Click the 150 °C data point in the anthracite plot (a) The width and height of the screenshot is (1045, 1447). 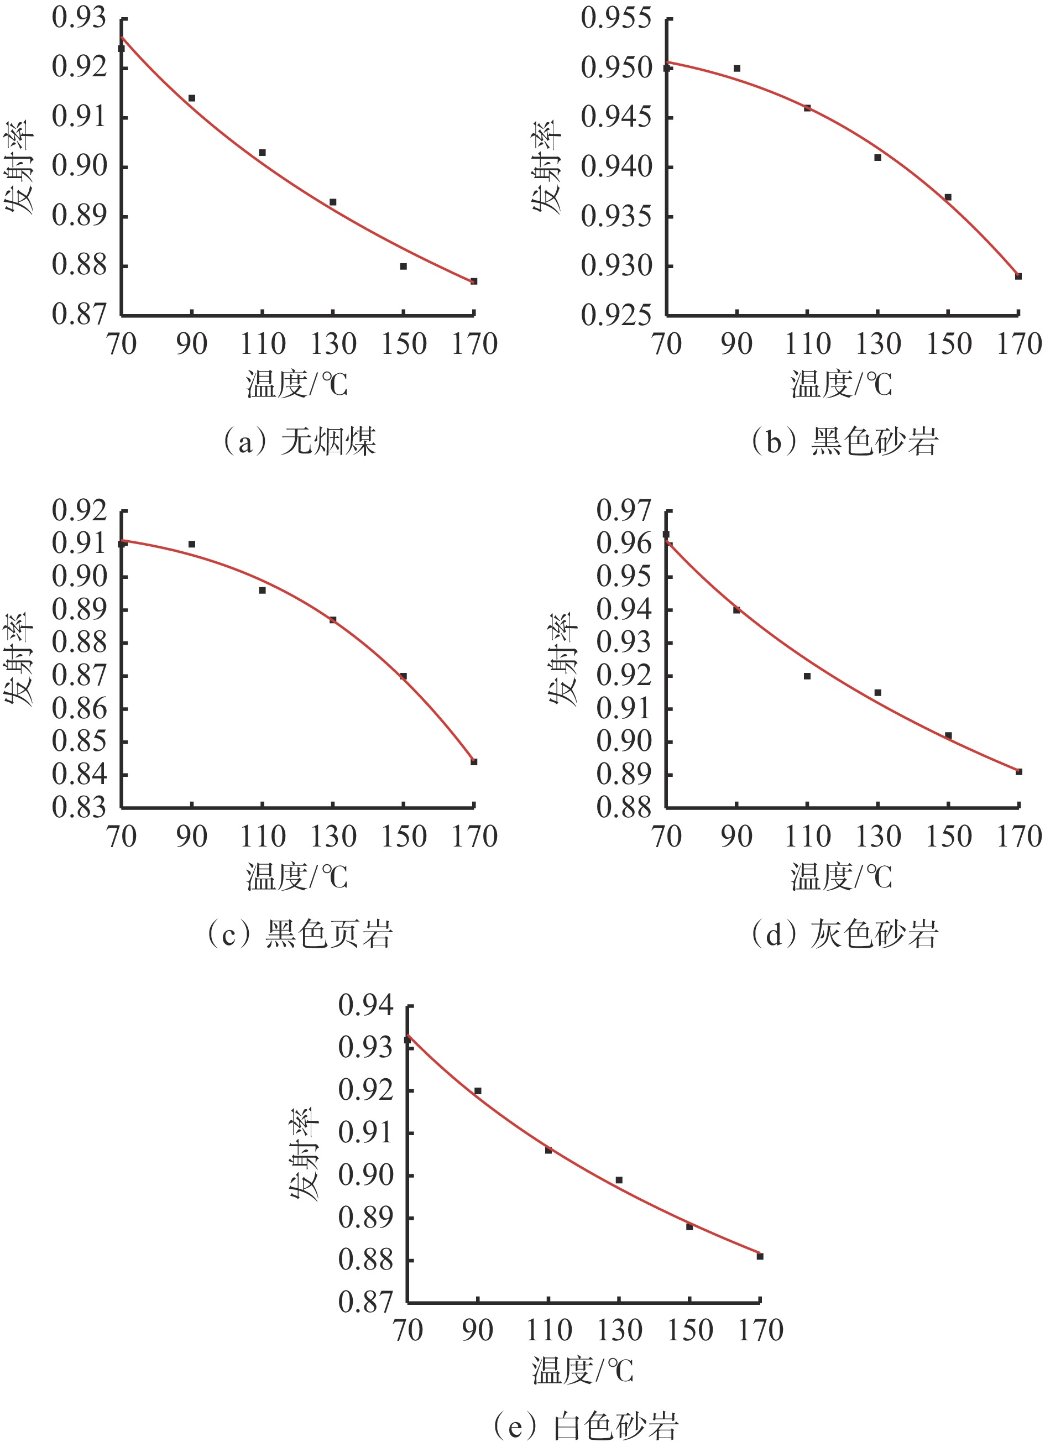[403, 266]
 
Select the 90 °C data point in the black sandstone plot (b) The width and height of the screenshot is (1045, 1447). [737, 68]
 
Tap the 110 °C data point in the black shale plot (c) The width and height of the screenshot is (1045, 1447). [262, 590]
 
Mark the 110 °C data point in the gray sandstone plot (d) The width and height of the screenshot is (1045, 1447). [807, 676]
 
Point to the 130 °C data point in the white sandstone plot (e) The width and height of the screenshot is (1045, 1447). [619, 1180]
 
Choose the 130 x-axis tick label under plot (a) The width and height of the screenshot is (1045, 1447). [333, 344]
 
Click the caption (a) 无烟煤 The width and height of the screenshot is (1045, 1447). [297, 441]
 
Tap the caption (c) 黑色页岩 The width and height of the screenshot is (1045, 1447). [297, 934]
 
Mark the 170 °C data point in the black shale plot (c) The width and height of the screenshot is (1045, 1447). [474, 762]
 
